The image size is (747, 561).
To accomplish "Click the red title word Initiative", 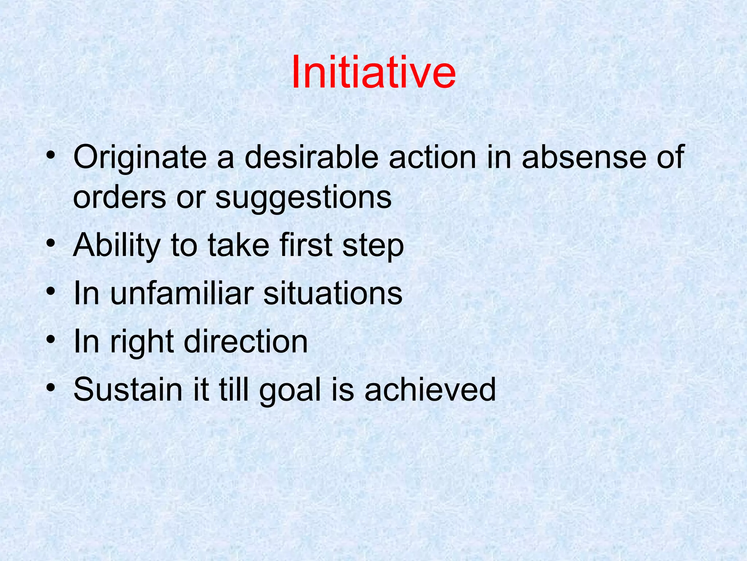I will coord(373,72).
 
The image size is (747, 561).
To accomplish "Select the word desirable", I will coord(311,157).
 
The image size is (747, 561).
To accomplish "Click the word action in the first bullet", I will coord(432,157).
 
